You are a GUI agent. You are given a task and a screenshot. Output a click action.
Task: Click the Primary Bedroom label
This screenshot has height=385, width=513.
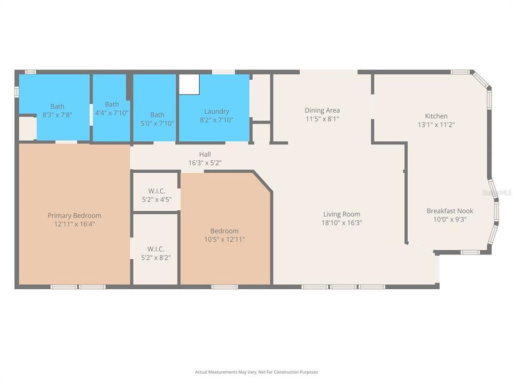74,215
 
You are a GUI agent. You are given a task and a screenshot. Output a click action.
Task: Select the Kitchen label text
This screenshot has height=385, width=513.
436,116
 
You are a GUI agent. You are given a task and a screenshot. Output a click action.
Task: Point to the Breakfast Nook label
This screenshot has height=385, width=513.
449,211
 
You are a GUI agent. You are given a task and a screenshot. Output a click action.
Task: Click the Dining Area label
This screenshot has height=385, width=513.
322,111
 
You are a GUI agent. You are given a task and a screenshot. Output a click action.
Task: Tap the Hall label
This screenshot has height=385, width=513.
205,155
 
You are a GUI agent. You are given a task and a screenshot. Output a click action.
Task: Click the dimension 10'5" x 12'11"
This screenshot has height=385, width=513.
224,240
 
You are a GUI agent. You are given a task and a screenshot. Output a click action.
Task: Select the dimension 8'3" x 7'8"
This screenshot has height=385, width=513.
57,115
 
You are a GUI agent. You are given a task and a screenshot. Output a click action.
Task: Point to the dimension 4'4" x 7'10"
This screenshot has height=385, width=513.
112,113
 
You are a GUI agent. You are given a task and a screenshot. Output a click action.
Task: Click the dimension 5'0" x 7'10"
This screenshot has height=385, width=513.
157,124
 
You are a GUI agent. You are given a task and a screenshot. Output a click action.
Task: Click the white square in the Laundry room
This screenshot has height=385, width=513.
189,84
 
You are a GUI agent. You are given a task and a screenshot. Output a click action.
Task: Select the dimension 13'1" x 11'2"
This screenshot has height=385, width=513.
436,125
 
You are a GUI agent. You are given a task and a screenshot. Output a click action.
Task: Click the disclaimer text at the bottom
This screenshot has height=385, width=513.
256,372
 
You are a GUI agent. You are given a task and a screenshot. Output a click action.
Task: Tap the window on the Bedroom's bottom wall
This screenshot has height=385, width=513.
224,287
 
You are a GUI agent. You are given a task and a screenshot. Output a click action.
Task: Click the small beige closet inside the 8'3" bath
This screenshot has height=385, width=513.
27,128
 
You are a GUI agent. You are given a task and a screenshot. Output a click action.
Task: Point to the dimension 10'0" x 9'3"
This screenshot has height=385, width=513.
449,219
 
